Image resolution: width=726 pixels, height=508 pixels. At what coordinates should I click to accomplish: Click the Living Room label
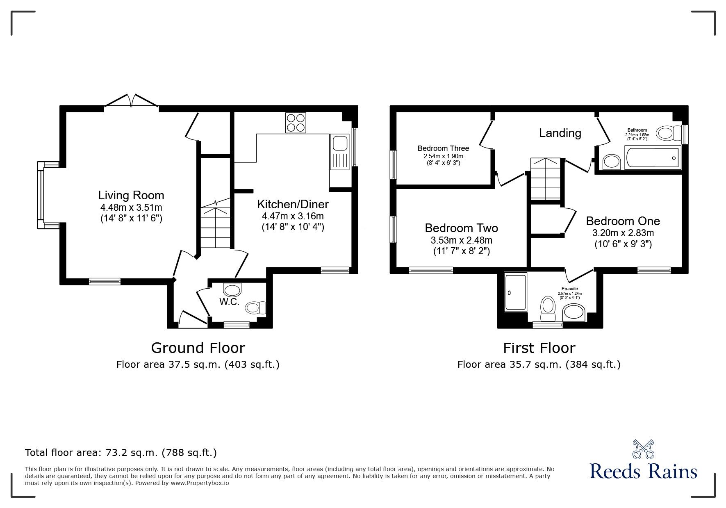(x=131, y=195)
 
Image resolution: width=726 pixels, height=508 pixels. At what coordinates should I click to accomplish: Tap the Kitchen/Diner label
(x=293, y=204)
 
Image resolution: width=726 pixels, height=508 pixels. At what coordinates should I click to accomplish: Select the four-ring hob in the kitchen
(x=296, y=123)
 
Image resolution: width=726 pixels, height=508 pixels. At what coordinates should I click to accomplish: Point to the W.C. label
(x=229, y=302)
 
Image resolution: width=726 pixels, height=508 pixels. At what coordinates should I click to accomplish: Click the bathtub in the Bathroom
(x=652, y=157)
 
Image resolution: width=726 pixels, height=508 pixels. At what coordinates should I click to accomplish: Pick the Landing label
(x=560, y=133)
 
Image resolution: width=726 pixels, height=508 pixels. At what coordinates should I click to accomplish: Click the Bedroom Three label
(x=443, y=148)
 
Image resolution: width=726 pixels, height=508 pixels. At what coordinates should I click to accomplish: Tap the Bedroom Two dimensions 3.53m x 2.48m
(x=461, y=240)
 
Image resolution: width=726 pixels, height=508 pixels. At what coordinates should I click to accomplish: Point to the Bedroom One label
(x=623, y=221)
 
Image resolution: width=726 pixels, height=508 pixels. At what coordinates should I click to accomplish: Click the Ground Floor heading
(x=198, y=348)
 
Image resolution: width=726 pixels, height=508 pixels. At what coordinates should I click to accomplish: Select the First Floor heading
(x=539, y=348)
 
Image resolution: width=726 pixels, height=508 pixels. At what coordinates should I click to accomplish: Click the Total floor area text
(x=121, y=453)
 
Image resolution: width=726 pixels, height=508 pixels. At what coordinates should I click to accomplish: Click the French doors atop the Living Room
(x=131, y=101)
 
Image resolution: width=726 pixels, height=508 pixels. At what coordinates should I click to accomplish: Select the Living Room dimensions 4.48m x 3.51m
(x=131, y=207)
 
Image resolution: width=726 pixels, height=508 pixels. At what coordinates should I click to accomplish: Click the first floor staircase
(x=546, y=179)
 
